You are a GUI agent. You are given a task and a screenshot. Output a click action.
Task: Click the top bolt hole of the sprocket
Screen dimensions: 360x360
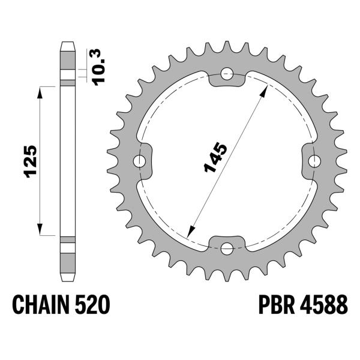pos(226,74)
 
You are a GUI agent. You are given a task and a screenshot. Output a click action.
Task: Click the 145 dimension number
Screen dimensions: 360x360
pos(215,158)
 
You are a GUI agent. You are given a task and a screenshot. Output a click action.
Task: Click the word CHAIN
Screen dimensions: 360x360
pos(42,305)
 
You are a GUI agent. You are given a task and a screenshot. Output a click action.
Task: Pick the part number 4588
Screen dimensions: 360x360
pos(323,305)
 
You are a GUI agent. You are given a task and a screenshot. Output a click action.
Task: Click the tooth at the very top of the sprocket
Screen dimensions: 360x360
pos(226,47)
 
